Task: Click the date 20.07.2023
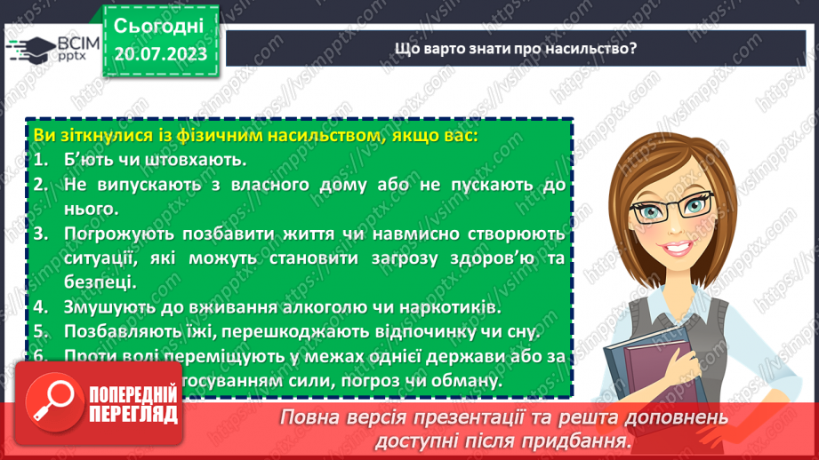(160, 54)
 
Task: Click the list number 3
(39, 234)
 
